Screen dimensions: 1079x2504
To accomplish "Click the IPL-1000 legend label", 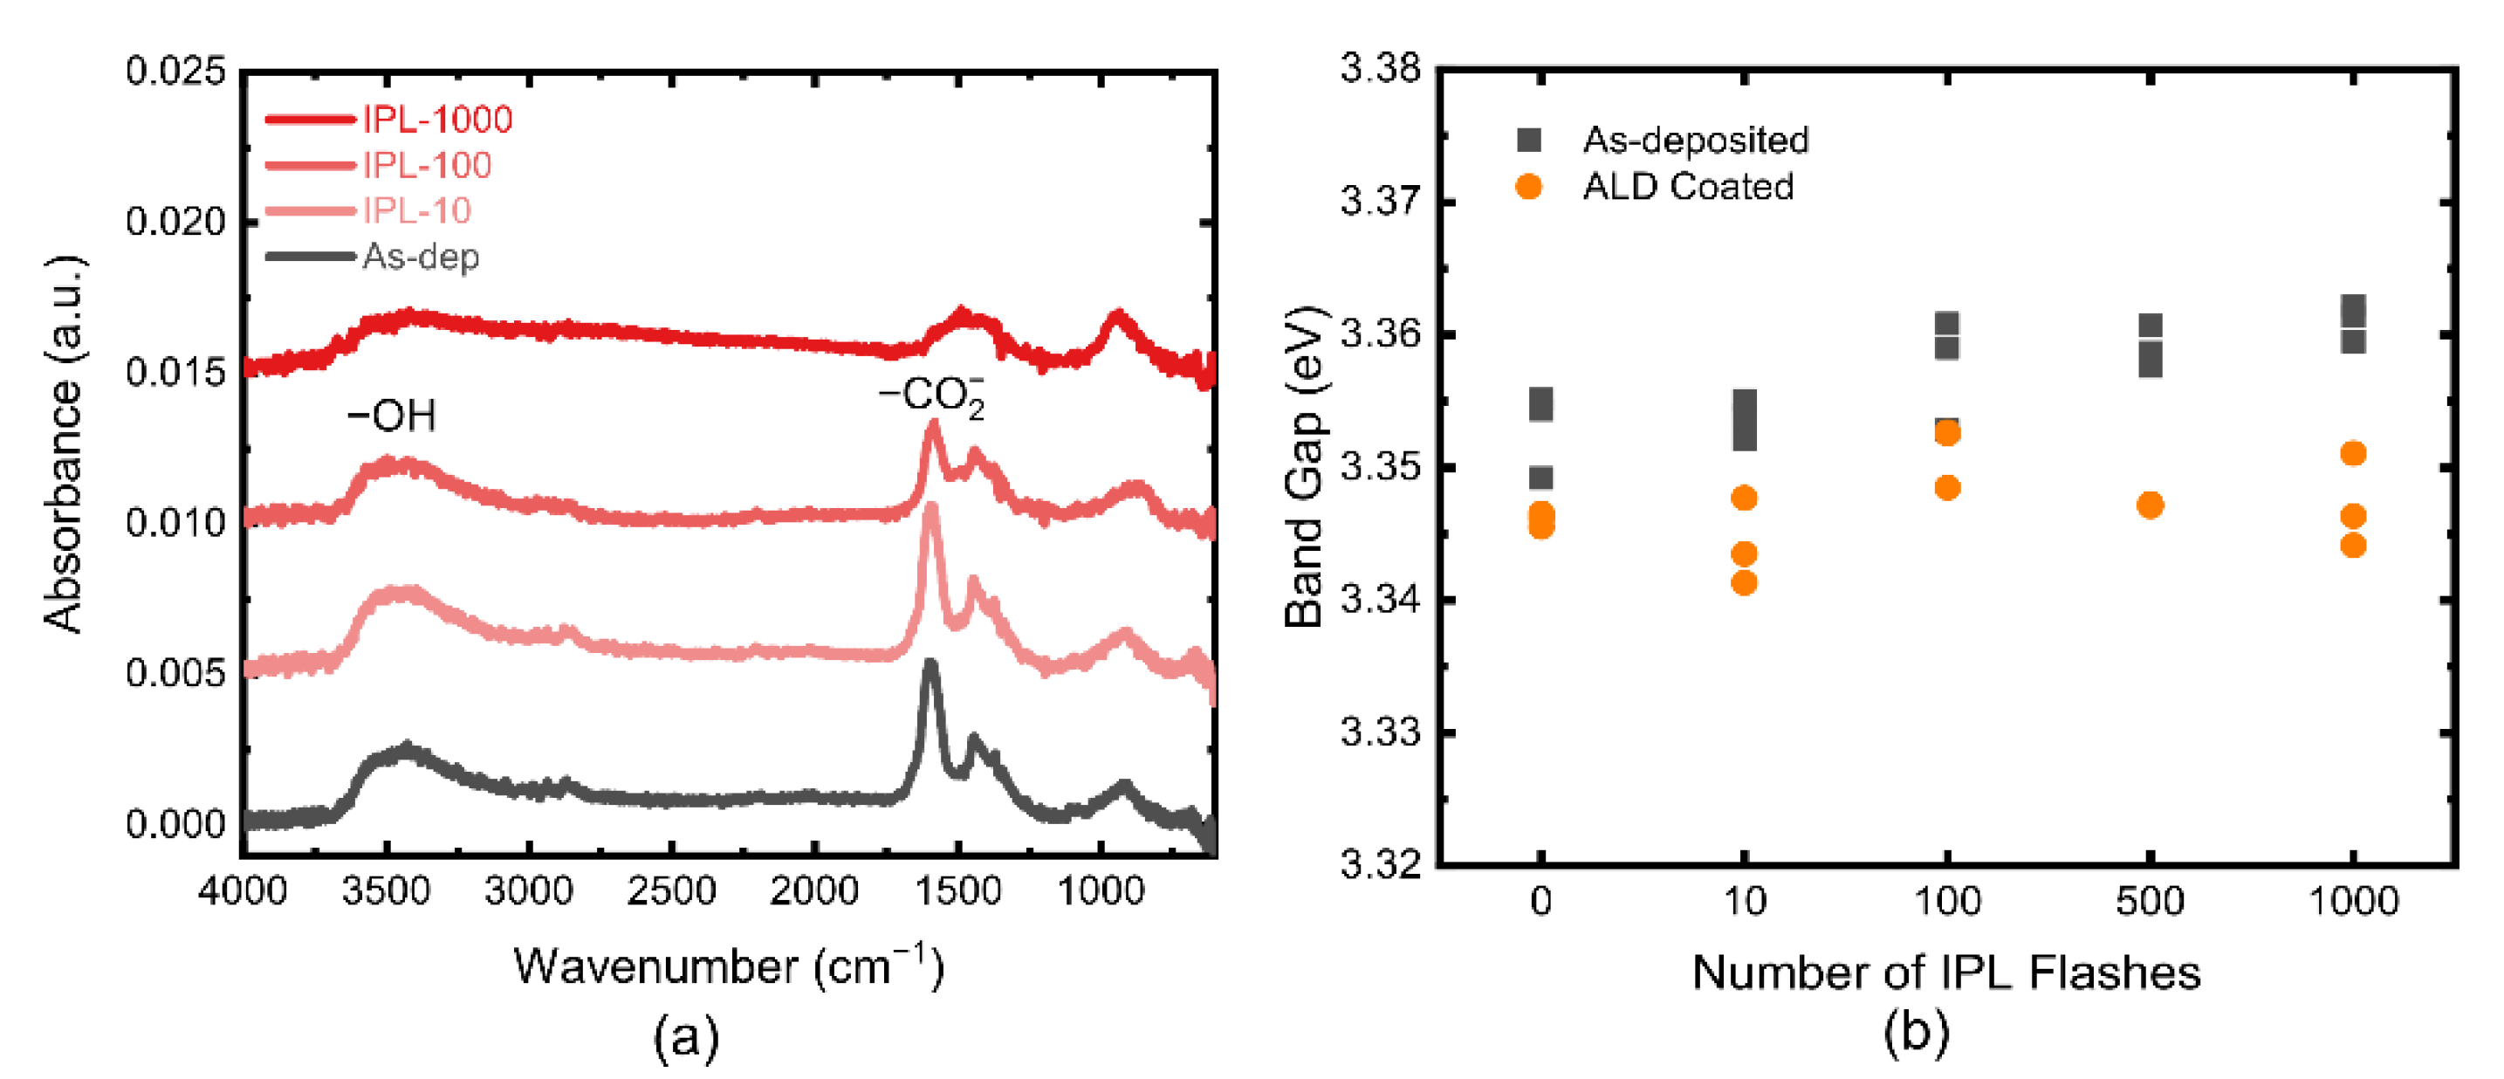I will coord(436,120).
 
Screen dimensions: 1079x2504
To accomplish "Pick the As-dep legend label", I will coord(420,258).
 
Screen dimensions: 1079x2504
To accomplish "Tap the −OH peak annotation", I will coord(392,416).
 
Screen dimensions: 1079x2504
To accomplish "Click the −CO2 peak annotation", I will coord(931,395).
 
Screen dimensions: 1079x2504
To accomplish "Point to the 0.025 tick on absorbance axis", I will coord(175,71).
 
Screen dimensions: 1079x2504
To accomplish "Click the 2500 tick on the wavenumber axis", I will coord(670,890).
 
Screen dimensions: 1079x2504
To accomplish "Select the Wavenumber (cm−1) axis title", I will coord(728,967).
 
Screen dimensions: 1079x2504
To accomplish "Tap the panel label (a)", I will coord(686,1037).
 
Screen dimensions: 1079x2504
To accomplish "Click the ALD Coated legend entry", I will coord(1687,187).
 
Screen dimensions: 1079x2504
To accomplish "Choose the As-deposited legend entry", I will coord(1695,140).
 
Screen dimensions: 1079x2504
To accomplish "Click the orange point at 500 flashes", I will coord(2151,505).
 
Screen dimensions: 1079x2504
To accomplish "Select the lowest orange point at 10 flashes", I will coord(1745,583).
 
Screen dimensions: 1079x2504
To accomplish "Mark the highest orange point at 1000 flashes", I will coord(2353,454).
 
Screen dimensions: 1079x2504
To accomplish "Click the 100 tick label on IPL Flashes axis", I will coord(1947,901).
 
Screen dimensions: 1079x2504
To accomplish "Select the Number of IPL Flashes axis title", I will coord(1946,972).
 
